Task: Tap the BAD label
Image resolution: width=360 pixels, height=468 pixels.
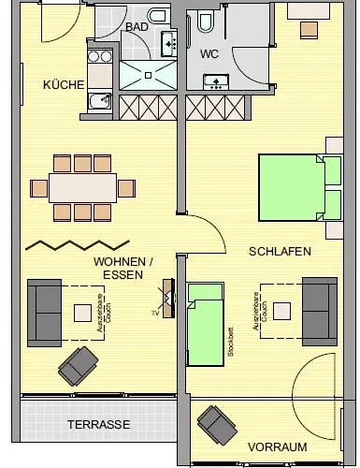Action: click(137, 27)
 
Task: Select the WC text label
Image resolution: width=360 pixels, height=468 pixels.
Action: click(210, 53)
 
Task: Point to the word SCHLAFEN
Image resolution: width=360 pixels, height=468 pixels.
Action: click(280, 252)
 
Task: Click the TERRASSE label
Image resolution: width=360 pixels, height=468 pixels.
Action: click(98, 424)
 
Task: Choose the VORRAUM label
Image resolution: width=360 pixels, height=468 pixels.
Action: click(277, 447)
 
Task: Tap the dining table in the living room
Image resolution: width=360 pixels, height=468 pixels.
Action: click(82, 188)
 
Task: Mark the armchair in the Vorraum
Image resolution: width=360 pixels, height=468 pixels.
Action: click(218, 425)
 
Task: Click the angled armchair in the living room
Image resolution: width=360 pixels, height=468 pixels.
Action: click(79, 362)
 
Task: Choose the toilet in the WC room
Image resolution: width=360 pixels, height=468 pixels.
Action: click(202, 21)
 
